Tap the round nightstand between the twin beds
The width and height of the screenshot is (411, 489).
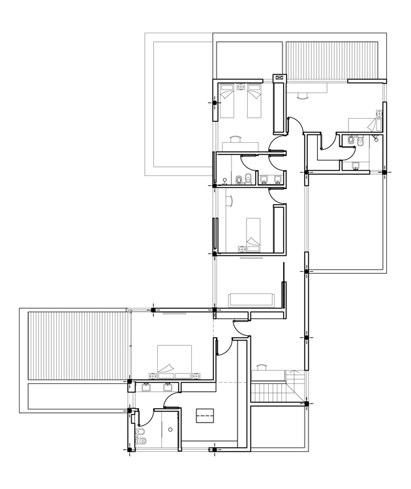240,87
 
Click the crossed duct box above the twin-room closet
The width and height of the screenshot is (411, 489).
279,78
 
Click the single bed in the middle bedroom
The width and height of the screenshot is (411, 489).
252,232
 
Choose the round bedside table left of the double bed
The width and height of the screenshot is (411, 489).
154,375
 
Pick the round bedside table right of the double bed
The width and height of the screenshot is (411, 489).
195,374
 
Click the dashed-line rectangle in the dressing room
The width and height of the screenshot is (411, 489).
205,413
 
